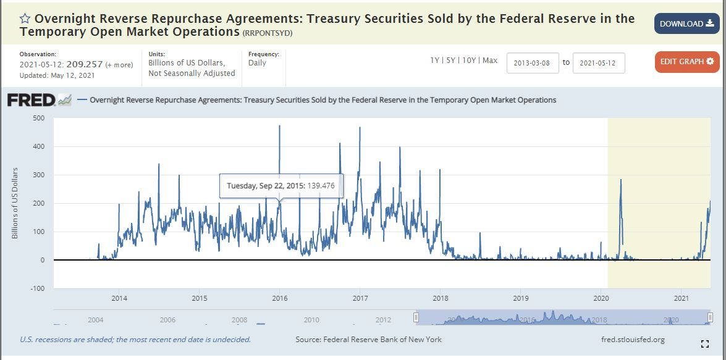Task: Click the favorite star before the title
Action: [25, 19]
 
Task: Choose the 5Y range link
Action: [451, 61]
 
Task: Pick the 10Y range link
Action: [469, 61]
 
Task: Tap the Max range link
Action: [490, 61]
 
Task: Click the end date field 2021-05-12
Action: [599, 63]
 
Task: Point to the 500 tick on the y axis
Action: [38, 118]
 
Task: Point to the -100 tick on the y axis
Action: [38, 288]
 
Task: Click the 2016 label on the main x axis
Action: [280, 299]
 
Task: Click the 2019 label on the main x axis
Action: [521, 299]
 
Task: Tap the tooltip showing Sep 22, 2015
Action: [281, 185]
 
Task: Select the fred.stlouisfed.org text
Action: [633, 340]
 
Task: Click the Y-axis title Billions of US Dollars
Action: [15, 203]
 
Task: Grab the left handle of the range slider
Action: [416, 317]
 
